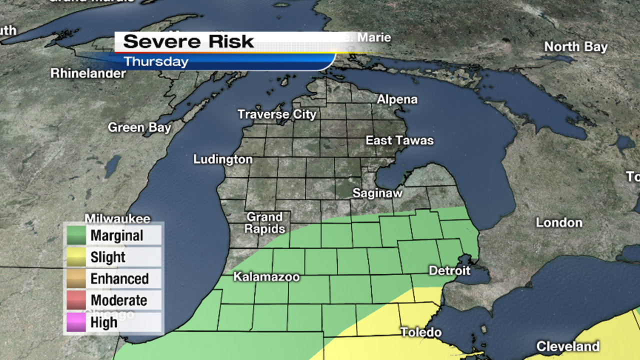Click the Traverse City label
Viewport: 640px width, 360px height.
coord(276,114)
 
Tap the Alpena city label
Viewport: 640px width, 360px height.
coord(397,99)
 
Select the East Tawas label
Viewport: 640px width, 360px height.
coord(399,140)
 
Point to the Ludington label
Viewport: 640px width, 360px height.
coord(223,159)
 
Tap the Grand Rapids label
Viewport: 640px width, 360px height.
coord(265,223)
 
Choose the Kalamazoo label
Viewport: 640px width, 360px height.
coord(266,277)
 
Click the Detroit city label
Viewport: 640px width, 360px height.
coord(449,270)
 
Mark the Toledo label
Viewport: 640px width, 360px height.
coord(420,332)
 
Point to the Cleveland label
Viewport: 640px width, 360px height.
coord(567,346)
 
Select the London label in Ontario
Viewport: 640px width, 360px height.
coord(559,222)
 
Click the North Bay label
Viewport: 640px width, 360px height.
coord(575,47)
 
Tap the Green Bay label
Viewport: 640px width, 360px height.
coord(139,127)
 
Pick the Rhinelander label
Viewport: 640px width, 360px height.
coord(88,73)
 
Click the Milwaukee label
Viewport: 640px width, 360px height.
coord(117,219)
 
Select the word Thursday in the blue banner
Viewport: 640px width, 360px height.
coord(156,62)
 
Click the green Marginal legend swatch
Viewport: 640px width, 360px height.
coord(76,235)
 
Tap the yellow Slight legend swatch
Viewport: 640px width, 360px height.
coord(76,257)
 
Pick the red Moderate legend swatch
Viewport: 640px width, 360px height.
coord(76,300)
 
